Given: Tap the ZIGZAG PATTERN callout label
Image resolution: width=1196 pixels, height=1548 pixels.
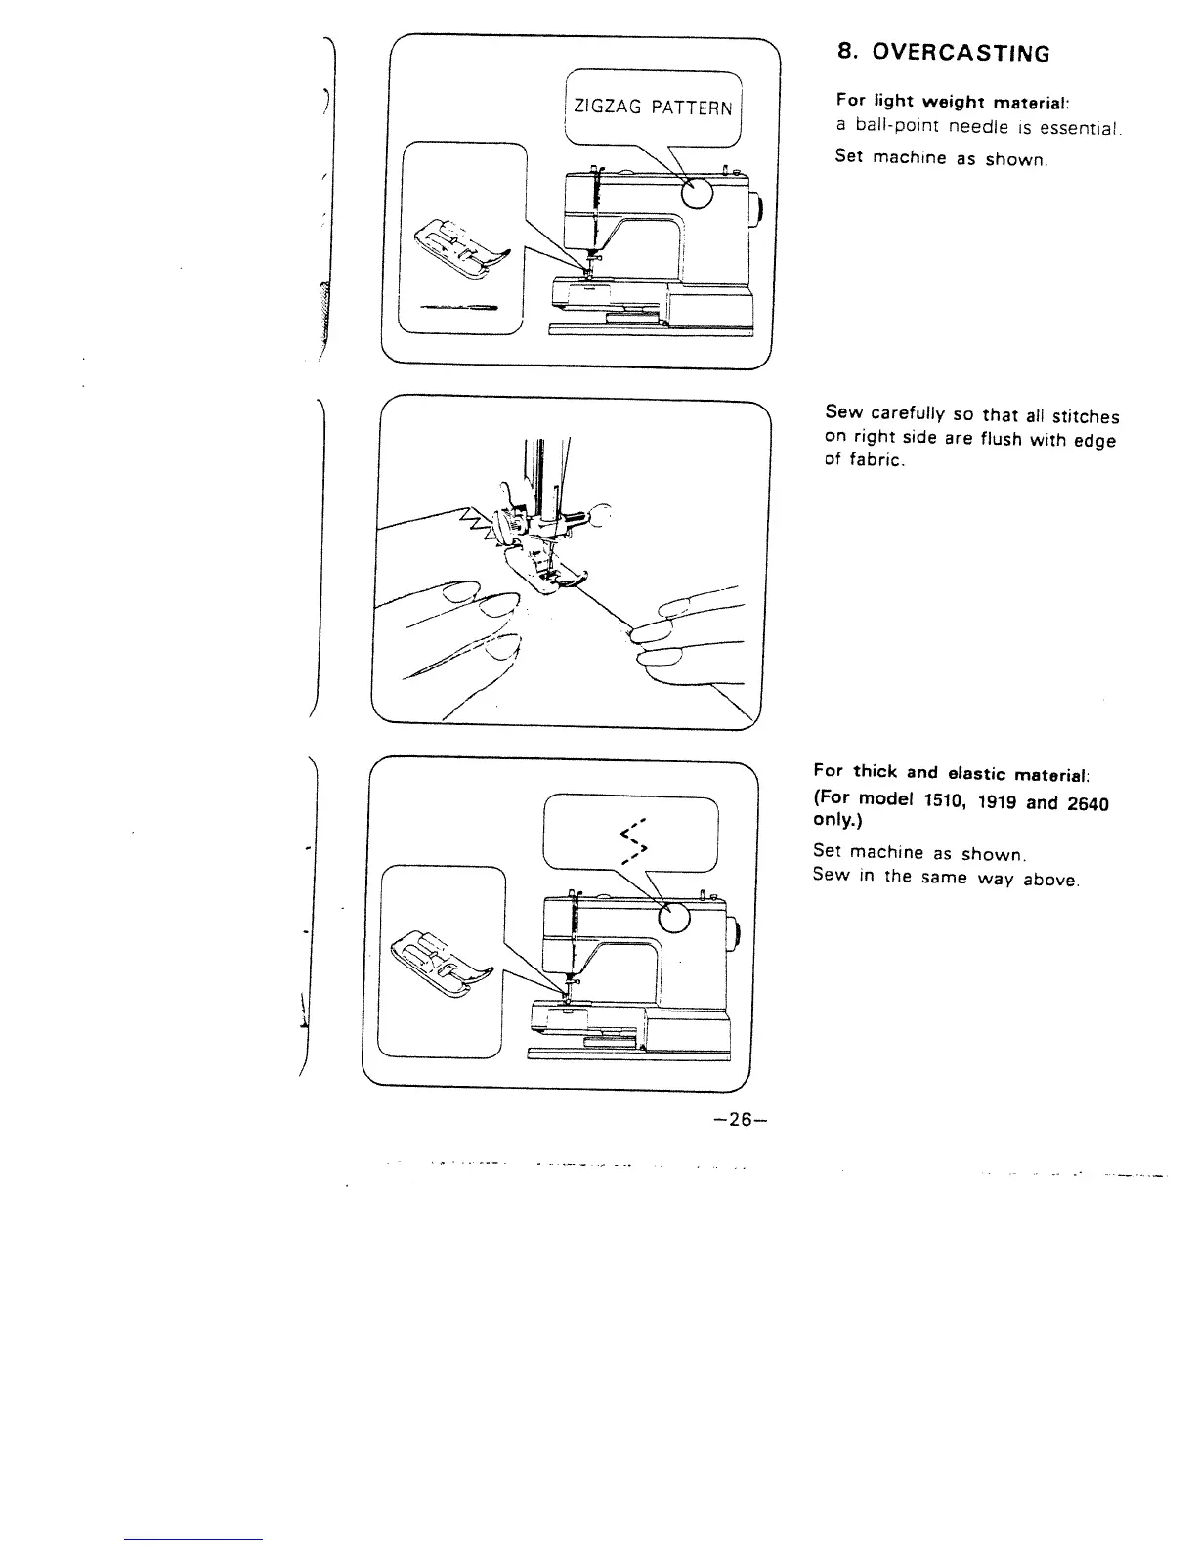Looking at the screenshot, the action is pyautogui.click(x=653, y=107).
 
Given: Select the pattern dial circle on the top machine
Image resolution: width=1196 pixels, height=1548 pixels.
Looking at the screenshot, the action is pyautogui.click(x=698, y=195).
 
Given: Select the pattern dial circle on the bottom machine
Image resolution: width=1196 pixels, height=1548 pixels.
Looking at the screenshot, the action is pyautogui.click(x=675, y=917).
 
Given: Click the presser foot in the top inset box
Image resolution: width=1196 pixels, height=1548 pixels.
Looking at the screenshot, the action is pyautogui.click(x=460, y=245).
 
